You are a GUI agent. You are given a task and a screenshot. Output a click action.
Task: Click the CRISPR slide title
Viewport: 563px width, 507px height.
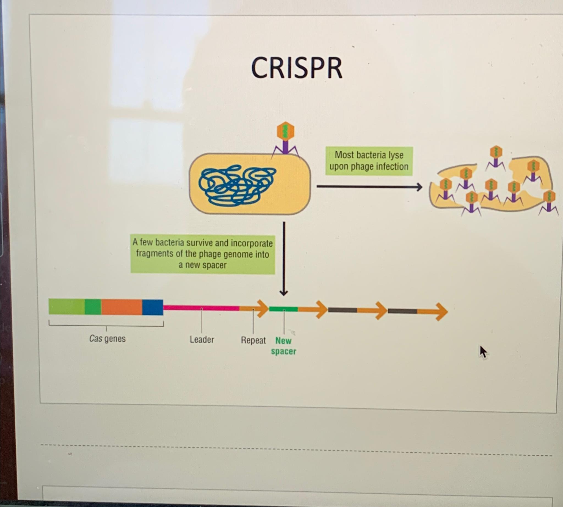[297, 68]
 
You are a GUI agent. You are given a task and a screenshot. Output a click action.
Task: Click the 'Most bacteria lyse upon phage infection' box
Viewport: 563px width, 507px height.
[369, 161]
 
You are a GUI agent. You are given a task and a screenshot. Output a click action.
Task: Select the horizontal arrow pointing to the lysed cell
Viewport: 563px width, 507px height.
[369, 187]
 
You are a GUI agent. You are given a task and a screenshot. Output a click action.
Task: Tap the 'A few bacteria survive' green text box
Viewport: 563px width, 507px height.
[203, 254]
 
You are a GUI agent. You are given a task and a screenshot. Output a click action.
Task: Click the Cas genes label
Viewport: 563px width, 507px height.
[107, 339]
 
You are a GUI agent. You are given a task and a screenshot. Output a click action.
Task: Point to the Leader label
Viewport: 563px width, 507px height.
[202, 340]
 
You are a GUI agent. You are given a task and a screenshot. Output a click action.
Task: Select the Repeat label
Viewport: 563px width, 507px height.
[253, 340]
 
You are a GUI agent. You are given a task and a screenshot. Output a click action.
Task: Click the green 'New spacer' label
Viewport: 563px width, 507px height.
[283, 346]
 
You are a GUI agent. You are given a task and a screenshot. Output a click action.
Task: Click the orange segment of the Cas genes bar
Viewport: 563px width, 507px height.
[122, 307]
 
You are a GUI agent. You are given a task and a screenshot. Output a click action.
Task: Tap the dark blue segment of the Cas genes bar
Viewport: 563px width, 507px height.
[152, 307]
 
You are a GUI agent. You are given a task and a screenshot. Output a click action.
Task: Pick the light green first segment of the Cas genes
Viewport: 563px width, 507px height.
[66, 307]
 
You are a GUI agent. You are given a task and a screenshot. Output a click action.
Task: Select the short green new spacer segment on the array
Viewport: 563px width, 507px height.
[283, 309]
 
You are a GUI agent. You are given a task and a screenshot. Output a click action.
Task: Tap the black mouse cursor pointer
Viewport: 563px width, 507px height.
[483, 352]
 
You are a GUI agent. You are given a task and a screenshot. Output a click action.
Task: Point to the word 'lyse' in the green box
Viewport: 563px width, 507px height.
[396, 155]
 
